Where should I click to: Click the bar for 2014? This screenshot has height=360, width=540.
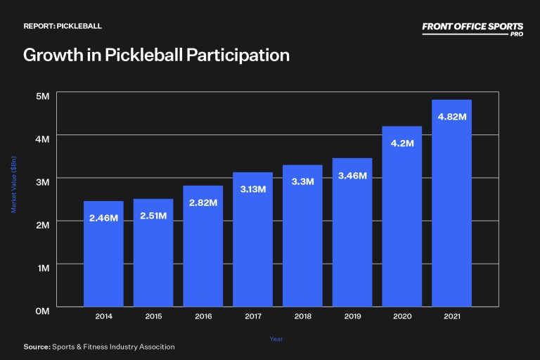tap(103, 254)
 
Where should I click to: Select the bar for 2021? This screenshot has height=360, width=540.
tap(451, 203)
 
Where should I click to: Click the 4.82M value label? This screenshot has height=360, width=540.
tap(451, 117)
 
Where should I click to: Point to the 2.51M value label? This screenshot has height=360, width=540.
tap(153, 215)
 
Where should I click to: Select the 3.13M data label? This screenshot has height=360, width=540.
tap(252, 188)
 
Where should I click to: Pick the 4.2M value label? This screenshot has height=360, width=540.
tap(402, 143)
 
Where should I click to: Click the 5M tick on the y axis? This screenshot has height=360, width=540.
tap(42, 95)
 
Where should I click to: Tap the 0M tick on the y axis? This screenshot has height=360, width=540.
tap(42, 310)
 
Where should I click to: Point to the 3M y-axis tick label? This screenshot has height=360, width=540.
tap(42, 181)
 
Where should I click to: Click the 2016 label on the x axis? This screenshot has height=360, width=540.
tap(203, 317)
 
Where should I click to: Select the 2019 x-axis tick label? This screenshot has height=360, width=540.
tap(352, 317)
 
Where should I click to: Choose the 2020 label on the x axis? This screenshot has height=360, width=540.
tap(402, 317)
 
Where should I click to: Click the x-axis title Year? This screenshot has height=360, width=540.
tap(277, 339)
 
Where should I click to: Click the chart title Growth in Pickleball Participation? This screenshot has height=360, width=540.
tap(156, 56)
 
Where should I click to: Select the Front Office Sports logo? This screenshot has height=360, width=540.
tap(472, 27)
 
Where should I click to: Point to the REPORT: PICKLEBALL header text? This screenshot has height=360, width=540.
tap(63, 26)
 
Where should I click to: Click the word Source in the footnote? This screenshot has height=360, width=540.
tap(36, 347)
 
